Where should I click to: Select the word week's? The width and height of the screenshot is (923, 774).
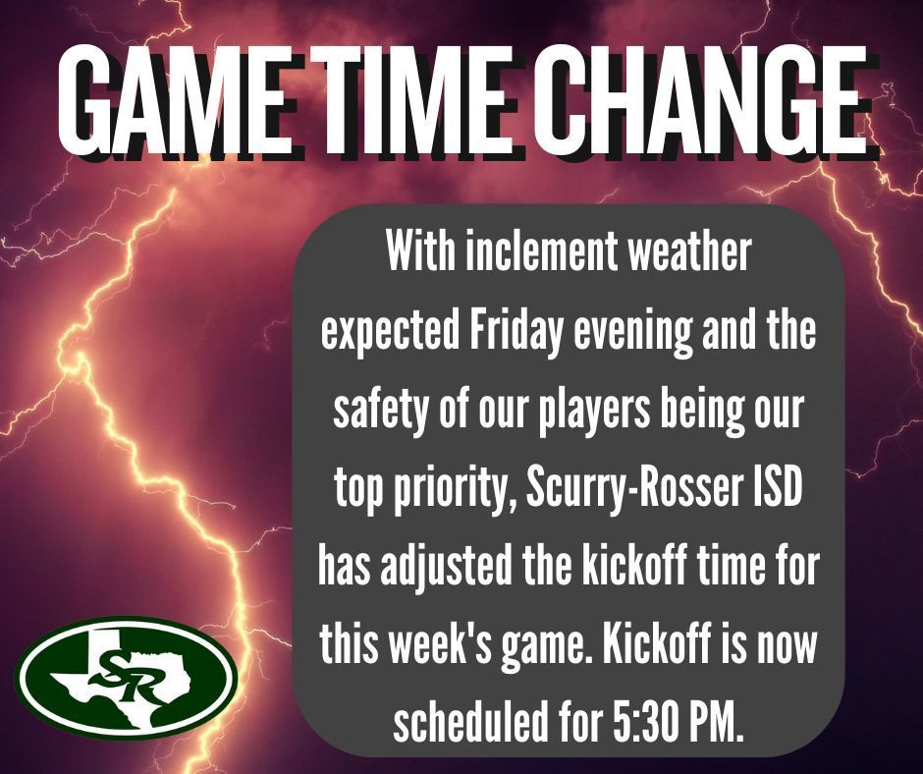(439, 645)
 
